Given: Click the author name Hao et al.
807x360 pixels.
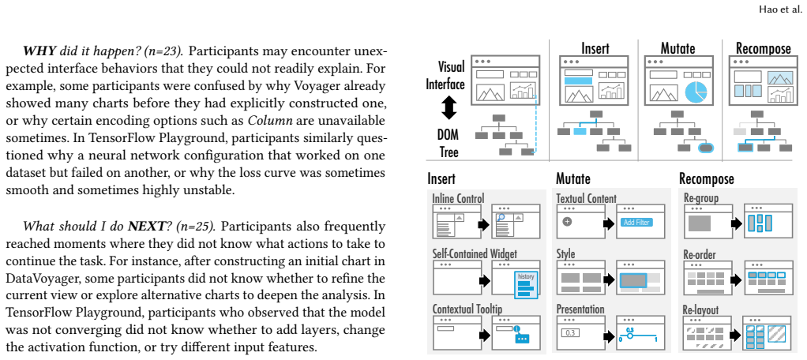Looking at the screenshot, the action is [x=779, y=9].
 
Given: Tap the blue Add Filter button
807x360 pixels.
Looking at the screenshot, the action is [x=636, y=223].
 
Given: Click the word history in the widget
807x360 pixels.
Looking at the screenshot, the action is [x=525, y=276].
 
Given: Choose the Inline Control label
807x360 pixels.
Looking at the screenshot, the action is [x=458, y=198].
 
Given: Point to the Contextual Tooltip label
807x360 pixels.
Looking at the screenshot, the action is [x=467, y=309].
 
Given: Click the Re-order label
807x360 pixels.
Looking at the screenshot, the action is [x=700, y=254].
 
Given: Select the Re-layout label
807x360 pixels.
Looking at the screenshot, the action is [x=700, y=309].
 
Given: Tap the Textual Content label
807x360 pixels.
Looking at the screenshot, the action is [x=586, y=198].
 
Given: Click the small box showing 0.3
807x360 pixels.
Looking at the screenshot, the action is [x=570, y=332].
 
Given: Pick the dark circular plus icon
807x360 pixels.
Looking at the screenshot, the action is [x=568, y=222].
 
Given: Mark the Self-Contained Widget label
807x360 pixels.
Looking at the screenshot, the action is [x=475, y=253].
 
